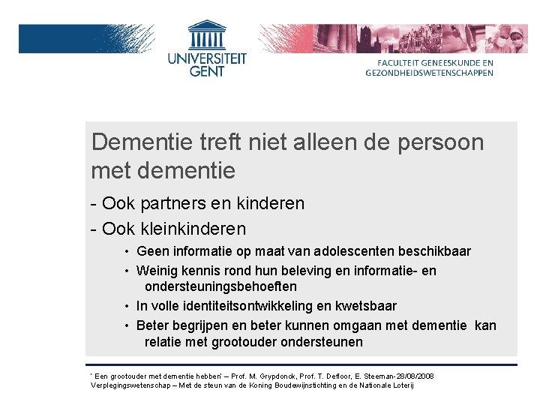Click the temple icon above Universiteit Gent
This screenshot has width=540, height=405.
tap(207, 35)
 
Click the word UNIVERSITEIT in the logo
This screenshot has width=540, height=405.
tap(207, 58)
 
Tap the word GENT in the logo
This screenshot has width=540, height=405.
tap(207, 72)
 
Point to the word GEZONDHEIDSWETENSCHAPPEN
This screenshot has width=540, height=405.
tap(430, 73)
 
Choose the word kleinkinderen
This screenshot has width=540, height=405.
tap(194, 228)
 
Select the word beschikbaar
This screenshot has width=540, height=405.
tap(434, 251)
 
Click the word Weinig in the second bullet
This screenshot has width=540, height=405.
tap(155, 271)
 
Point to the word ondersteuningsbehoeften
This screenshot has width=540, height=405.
tap(220, 286)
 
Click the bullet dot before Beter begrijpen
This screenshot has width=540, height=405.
tap(128, 325)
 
